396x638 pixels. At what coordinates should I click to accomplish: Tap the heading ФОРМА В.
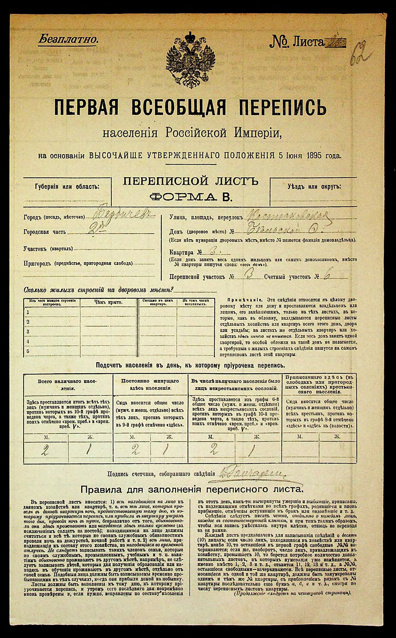pos(190,197)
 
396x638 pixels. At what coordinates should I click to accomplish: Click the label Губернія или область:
pos(67,187)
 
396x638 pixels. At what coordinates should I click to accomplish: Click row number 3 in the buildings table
pos(28,331)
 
